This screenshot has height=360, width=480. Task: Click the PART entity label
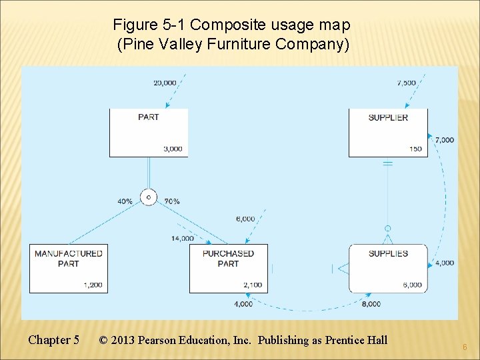point(148,117)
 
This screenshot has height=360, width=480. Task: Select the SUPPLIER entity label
point(388,117)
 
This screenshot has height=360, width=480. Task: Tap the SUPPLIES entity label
point(388,253)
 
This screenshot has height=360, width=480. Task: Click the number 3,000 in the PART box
point(172,149)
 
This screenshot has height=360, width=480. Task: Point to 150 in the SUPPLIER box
point(415,149)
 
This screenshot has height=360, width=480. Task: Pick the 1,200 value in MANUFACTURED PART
point(93,285)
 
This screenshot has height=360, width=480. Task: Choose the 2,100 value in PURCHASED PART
point(253,285)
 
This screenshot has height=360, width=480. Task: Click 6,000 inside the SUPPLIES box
point(412,285)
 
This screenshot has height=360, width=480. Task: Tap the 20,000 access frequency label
point(165,83)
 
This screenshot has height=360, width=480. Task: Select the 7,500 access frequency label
point(406,83)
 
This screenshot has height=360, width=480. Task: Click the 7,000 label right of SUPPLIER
point(445,140)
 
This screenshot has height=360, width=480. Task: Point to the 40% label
point(125,201)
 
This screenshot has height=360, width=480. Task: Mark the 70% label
point(171,201)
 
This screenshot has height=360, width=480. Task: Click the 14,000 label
point(183,238)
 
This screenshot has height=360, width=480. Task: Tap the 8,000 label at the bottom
point(371,304)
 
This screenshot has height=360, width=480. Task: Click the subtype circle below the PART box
point(148,197)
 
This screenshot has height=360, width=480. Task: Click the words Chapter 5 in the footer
point(53,340)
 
